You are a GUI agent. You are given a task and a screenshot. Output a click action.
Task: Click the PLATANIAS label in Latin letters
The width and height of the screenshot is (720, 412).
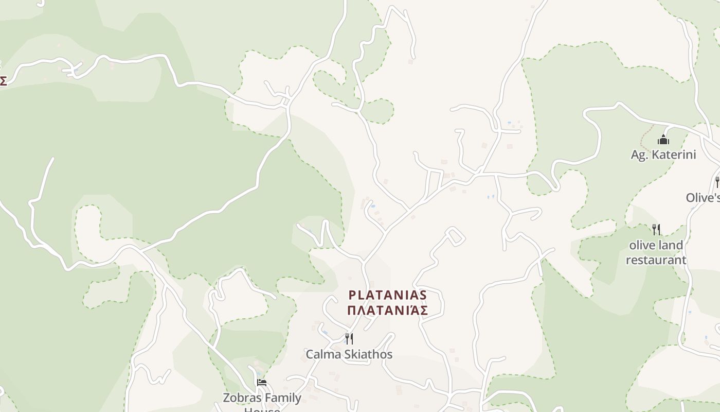click(x=388, y=295)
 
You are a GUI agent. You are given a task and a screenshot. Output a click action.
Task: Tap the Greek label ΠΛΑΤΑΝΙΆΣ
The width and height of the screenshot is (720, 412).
click(x=388, y=310)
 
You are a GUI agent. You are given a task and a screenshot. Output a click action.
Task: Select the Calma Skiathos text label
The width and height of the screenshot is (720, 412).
click(x=349, y=354)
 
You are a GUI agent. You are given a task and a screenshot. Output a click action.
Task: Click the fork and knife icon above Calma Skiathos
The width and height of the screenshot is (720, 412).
click(x=349, y=338)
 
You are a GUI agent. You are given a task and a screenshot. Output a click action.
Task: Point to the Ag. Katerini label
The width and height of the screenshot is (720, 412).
click(x=663, y=154)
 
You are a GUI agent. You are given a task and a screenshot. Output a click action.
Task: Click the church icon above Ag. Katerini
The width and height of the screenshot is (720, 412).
click(x=663, y=140)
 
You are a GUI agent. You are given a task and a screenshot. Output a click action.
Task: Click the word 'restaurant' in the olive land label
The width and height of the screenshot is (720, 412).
click(x=656, y=260)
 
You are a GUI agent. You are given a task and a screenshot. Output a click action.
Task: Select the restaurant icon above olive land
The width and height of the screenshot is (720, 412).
click(x=656, y=230)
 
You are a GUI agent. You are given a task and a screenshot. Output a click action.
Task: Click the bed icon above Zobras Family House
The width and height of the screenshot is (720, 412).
click(x=262, y=382)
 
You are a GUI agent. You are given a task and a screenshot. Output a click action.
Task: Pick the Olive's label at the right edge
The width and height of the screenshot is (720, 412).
click(x=703, y=198)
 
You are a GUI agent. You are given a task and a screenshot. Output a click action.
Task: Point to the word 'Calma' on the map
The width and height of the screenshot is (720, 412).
click(x=321, y=354)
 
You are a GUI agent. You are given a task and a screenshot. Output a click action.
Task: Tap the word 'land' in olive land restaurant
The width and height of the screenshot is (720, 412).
click(x=672, y=245)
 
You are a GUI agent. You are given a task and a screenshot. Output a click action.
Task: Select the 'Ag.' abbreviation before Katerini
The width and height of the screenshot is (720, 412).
click(x=639, y=155)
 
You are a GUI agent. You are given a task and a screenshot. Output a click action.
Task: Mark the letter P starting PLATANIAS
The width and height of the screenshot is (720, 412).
click(x=352, y=295)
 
